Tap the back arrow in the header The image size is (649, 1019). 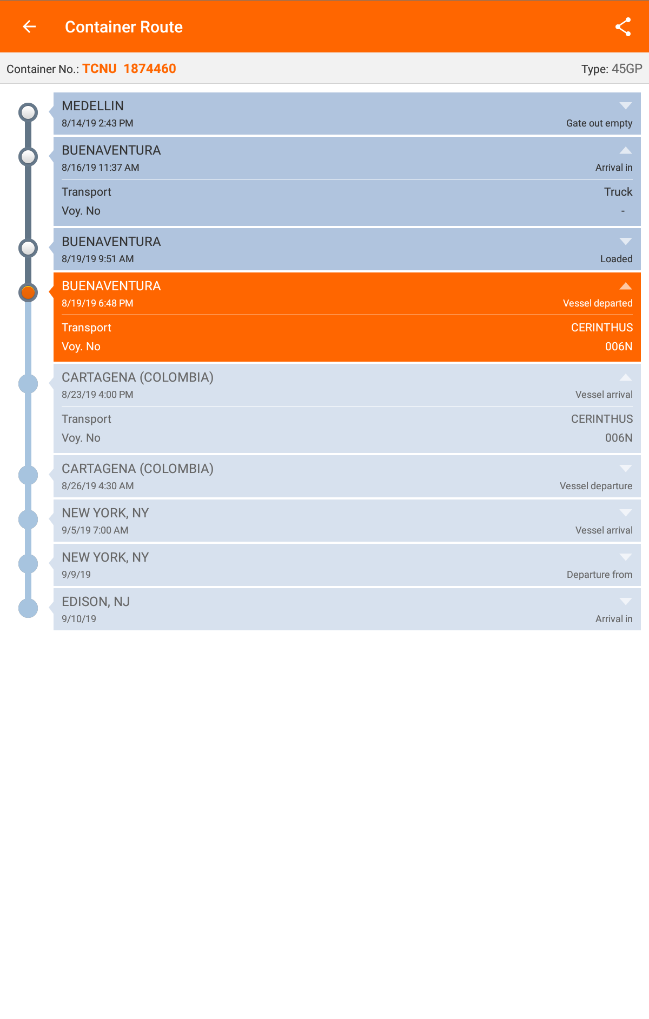[x=29, y=26]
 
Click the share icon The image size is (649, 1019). [x=623, y=27]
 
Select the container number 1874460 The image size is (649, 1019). [x=150, y=69]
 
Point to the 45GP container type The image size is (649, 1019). [x=627, y=69]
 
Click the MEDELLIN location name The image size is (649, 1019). [x=92, y=106]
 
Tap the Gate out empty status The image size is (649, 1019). [x=599, y=123]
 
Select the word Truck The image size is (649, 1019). [x=618, y=192]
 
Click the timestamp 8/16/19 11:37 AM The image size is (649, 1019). [x=101, y=168]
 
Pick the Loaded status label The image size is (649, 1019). [x=617, y=259]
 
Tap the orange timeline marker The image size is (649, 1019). [x=28, y=292]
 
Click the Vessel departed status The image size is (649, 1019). [x=598, y=303]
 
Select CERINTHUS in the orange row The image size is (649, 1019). [x=602, y=328]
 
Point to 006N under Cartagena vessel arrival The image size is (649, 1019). [x=619, y=438]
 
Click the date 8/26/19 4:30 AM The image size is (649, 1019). [x=98, y=486]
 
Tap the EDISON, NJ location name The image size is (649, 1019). [x=96, y=602]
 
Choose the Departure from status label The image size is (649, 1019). [x=600, y=575]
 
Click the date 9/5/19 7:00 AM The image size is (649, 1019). [x=95, y=530]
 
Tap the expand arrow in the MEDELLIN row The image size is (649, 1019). [x=626, y=105]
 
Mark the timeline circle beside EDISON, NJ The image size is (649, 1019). [x=28, y=608]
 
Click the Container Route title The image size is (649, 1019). [x=124, y=27]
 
